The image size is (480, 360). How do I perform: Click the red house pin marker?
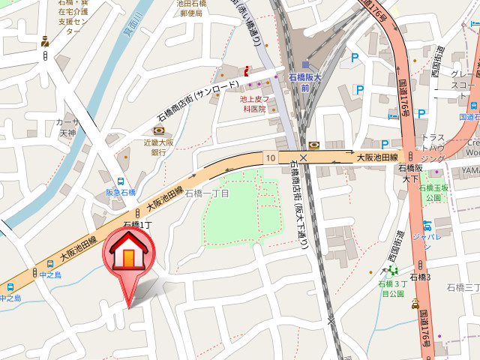pos(128,259)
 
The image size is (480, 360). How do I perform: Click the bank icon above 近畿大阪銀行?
pos(157,131)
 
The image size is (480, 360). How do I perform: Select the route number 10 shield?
pos(270,157)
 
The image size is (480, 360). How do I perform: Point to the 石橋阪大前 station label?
pos(304,82)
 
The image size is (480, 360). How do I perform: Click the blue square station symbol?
pos(305,64)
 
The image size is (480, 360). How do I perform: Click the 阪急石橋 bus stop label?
pos(120,193)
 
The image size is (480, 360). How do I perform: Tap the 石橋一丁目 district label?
pos(207,193)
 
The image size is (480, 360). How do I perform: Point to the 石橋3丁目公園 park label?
pos(393,289)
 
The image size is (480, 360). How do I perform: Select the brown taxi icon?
pos(415,304)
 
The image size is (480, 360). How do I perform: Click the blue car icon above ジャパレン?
pos(427,224)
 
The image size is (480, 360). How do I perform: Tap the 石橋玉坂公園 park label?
pos(433,193)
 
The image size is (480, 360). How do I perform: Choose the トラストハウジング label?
pos(433,148)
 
